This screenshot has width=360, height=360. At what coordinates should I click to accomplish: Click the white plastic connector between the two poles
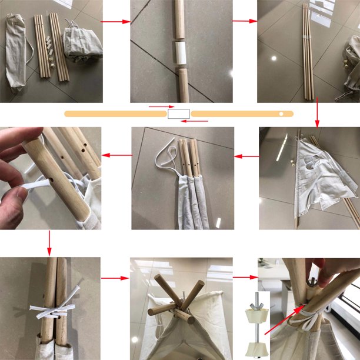[x=179, y=54]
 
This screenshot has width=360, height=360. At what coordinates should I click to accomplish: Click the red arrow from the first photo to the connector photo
[x=116, y=22]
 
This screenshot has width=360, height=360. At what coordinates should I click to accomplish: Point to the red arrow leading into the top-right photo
[x=245, y=22]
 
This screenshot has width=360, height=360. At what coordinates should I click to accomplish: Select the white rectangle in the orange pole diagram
[x=179, y=114]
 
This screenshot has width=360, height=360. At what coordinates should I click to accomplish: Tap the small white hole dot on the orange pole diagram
[x=281, y=114]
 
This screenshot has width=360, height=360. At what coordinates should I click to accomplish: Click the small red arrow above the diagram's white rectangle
[x=159, y=107]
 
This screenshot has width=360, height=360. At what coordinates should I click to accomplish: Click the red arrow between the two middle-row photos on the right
[x=246, y=156]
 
